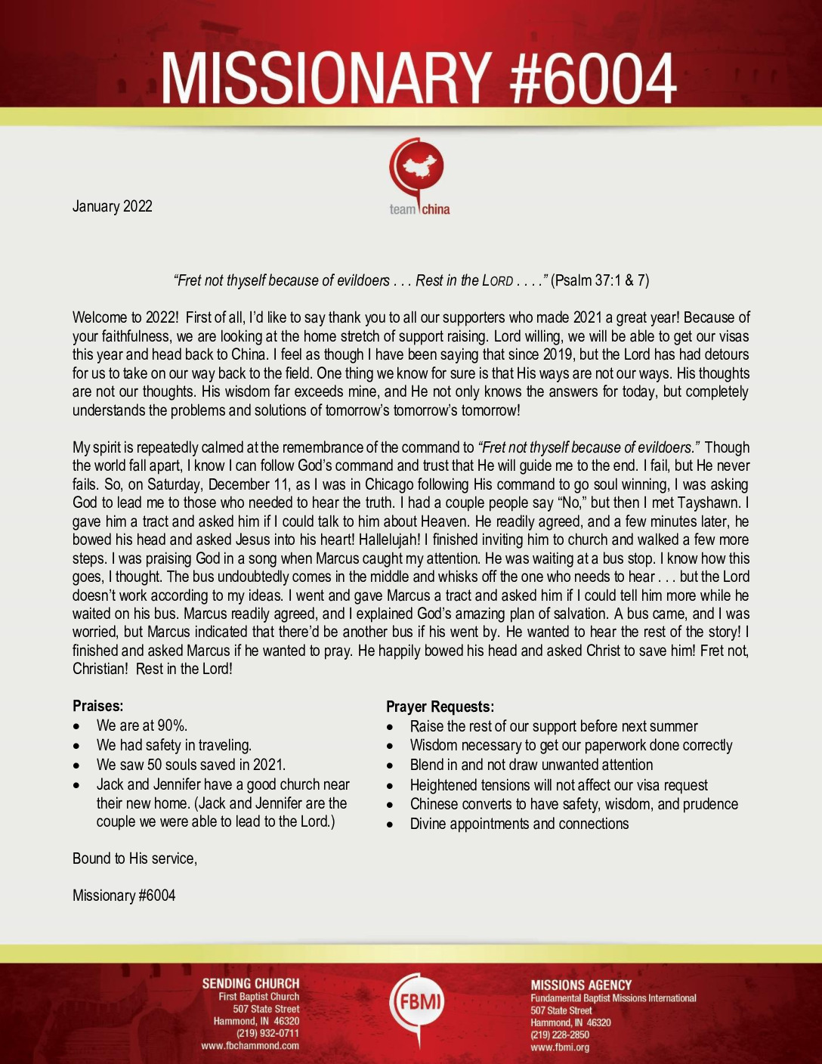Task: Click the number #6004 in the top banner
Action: pyautogui.click(x=592, y=78)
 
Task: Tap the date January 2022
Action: pyautogui.click(x=112, y=206)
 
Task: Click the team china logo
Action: pyautogui.click(x=418, y=177)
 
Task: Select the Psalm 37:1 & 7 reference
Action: pyautogui.click(x=600, y=280)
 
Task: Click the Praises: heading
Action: pyautogui.click(x=97, y=706)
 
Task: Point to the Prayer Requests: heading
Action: pyautogui.click(x=440, y=707)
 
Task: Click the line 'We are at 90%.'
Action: pyautogui.click(x=141, y=725)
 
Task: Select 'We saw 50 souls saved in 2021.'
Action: pyautogui.click(x=190, y=765)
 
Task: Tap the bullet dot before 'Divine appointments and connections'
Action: pyautogui.click(x=390, y=824)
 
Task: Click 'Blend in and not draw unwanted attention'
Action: pyautogui.click(x=531, y=765)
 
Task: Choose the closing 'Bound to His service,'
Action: pyautogui.click(x=134, y=858)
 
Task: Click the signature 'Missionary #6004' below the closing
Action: pyautogui.click(x=124, y=895)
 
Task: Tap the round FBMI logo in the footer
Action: pyautogui.click(x=416, y=1002)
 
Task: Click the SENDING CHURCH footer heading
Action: pyautogui.click(x=250, y=983)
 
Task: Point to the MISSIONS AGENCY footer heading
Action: pyautogui.click(x=581, y=985)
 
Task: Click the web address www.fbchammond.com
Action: pyautogui.click(x=250, y=1046)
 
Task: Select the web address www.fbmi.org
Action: pyautogui.click(x=560, y=1047)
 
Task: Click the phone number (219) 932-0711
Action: pyautogui.click(x=267, y=1034)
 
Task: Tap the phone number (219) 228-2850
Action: pyautogui.click(x=560, y=1035)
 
